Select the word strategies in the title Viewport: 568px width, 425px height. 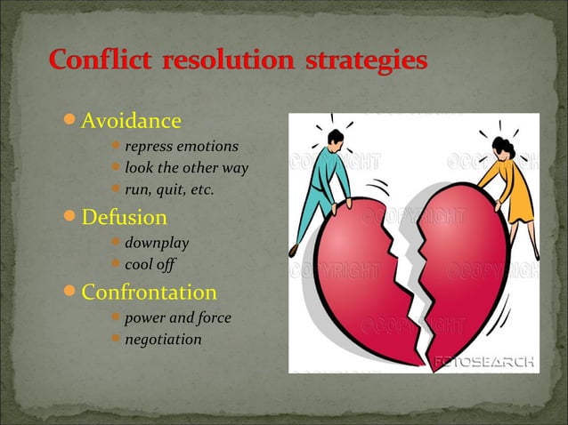click(x=366, y=63)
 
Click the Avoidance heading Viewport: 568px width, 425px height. click(x=131, y=120)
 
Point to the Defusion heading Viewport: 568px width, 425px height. click(x=124, y=217)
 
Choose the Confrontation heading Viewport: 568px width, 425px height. click(x=149, y=293)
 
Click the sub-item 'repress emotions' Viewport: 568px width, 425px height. click(x=181, y=146)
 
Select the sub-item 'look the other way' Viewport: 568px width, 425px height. click(x=186, y=167)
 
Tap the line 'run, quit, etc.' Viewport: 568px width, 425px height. click(x=169, y=188)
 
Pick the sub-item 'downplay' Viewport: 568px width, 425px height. click(x=157, y=242)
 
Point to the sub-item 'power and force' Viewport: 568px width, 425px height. click(x=177, y=317)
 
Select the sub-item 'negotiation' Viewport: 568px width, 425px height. click(x=163, y=339)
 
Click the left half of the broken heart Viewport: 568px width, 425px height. click(x=356, y=276)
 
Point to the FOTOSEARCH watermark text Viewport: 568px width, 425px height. click(x=484, y=362)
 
